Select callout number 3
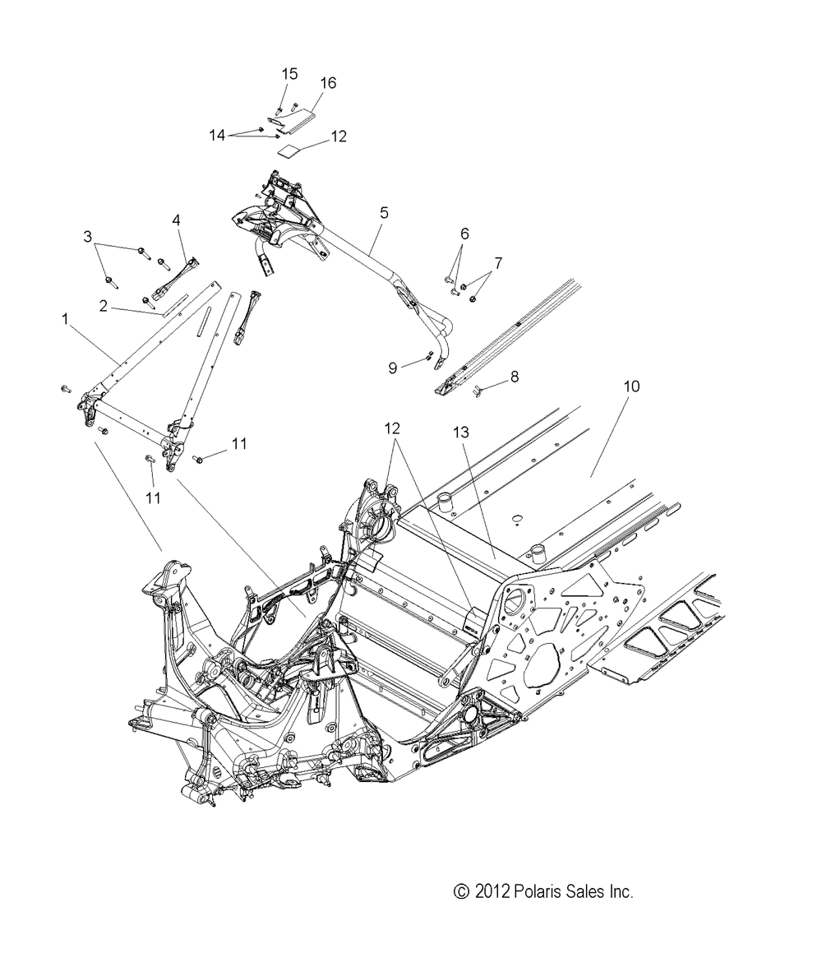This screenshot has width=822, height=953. (88, 237)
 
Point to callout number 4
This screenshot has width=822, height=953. (175, 220)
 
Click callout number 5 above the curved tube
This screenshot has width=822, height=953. (383, 213)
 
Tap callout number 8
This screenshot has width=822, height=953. (514, 377)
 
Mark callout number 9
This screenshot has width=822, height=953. (394, 368)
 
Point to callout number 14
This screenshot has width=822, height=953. (217, 135)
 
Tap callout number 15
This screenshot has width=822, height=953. (289, 74)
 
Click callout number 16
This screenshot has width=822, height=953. (328, 83)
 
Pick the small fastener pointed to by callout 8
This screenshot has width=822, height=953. (477, 388)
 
